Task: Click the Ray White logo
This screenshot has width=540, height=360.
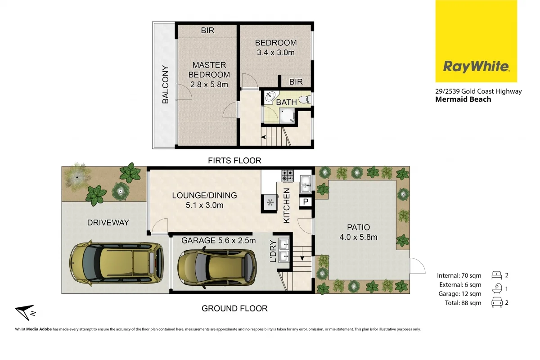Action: [x=476, y=67]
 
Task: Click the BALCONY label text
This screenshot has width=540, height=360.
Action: [x=165, y=85]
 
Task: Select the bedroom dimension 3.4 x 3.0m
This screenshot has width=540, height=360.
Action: [x=275, y=53]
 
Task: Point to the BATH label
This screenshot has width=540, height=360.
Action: [x=286, y=102]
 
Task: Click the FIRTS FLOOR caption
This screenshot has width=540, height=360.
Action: [x=234, y=160]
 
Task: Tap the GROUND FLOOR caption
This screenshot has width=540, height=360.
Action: [x=234, y=308]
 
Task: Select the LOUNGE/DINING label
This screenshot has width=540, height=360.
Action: [x=204, y=196]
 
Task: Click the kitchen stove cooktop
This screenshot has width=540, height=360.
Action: [x=287, y=175]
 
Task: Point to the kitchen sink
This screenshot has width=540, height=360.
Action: [x=306, y=182]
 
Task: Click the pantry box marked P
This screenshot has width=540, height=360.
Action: [x=306, y=202]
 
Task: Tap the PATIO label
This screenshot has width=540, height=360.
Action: [x=358, y=227]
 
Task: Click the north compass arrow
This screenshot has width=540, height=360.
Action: [x=24, y=312]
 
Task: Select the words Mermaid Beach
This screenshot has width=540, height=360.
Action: [x=463, y=99]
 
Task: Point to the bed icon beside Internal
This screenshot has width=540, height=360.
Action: [x=497, y=275]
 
